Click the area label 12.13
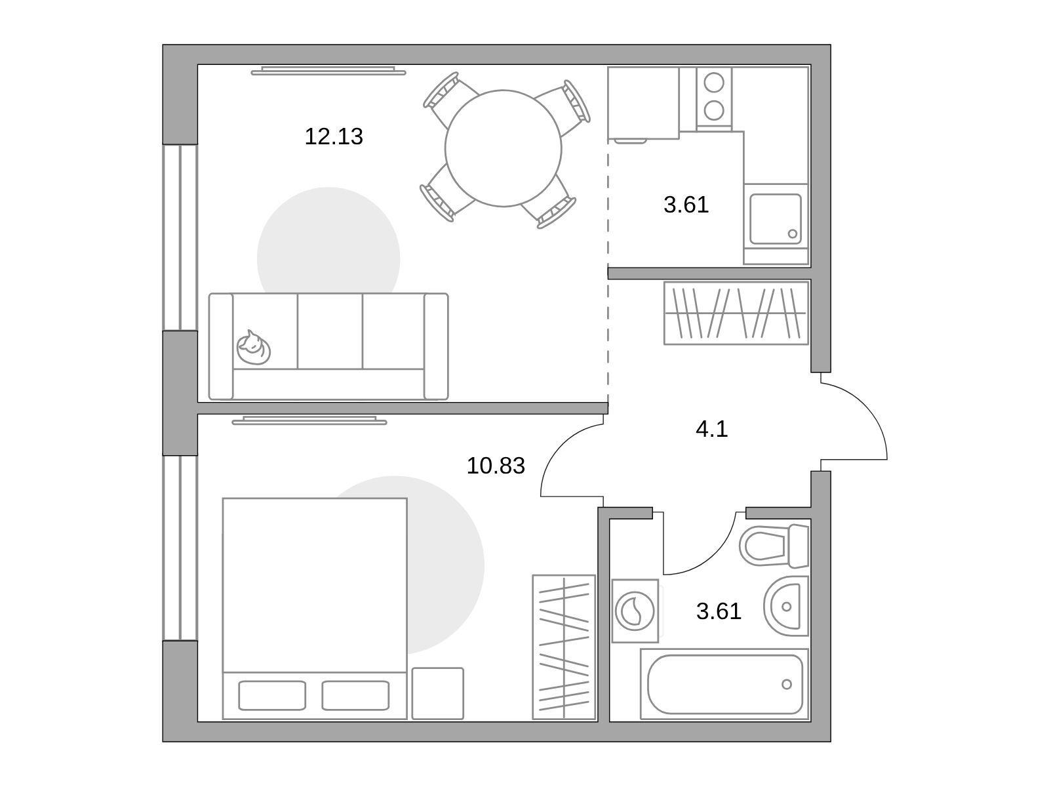334,136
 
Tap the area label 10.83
496,466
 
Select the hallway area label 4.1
711,429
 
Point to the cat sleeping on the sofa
253,348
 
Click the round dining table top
504,148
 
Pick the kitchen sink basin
775,219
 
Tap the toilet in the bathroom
774,546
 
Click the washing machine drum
635,611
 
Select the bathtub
724,684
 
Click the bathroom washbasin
785,607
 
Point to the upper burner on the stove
714,83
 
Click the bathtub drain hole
786,684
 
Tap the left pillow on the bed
272,695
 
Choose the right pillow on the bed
355,695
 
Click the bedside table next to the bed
437,693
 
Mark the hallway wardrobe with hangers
736,313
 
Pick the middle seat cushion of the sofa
330,331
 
